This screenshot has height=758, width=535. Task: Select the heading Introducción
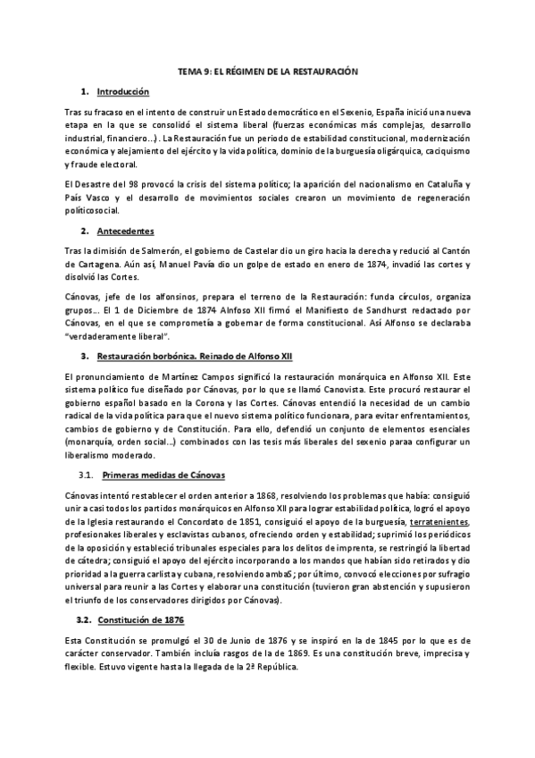pyautogui.click(x=123, y=92)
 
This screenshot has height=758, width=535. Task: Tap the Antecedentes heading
pyautogui.click(x=126, y=231)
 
